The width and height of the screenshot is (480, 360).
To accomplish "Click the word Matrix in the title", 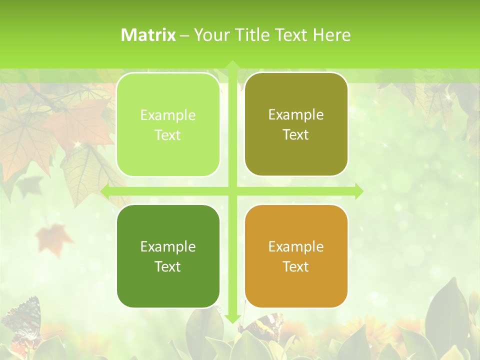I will pyautogui.click(x=148, y=35).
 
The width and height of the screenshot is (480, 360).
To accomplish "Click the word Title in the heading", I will pyautogui.click(x=255, y=35).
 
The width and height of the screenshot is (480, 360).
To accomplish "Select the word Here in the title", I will pyautogui.click(x=332, y=35).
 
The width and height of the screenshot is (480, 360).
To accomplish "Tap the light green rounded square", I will pyautogui.click(x=168, y=124).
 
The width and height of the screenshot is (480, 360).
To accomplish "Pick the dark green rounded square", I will pyautogui.click(x=168, y=256).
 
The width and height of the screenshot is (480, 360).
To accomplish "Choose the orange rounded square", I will pyautogui.click(x=296, y=256).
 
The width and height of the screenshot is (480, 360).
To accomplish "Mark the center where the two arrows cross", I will pyautogui.click(x=232, y=191).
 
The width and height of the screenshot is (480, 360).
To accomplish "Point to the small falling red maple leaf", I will pyautogui.click(x=53, y=235).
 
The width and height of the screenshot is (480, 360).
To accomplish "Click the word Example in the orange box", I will pyautogui.click(x=296, y=246).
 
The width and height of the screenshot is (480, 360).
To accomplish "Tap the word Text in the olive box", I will pyautogui.click(x=296, y=134).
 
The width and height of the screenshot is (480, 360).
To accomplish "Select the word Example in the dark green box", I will pyautogui.click(x=168, y=246).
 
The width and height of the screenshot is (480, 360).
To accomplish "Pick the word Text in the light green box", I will pyautogui.click(x=168, y=135).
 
